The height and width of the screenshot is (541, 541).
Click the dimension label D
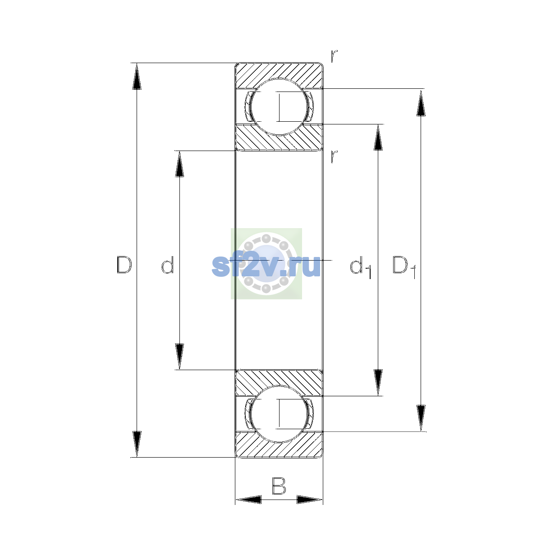[x=124, y=265]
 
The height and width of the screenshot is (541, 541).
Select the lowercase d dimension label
[x=168, y=265]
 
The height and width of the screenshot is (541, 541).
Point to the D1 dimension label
[x=404, y=267]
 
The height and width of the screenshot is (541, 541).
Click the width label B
[x=279, y=486]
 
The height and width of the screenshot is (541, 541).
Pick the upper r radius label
[x=334, y=56]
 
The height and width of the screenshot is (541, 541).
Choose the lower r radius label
[x=334, y=157]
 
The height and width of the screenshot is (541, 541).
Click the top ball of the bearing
[x=279, y=107]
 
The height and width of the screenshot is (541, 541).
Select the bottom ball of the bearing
[x=279, y=414]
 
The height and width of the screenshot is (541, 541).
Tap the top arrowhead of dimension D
[x=137, y=76]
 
